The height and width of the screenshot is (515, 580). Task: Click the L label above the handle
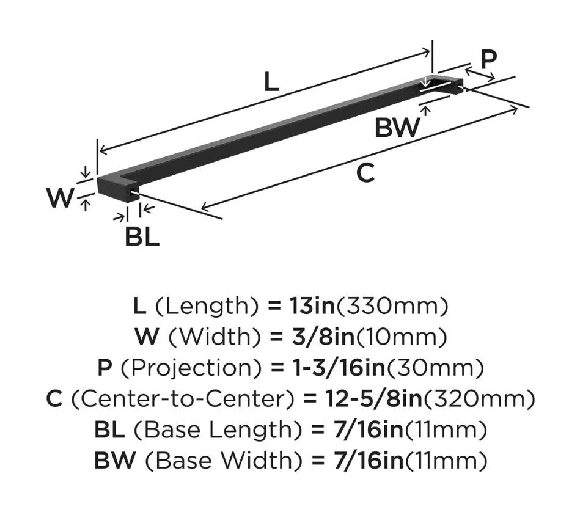coord(271,82)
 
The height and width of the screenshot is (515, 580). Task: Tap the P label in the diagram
coord(489,59)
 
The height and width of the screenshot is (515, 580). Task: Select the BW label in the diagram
coord(397,128)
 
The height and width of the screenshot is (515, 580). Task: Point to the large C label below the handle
coord(365,173)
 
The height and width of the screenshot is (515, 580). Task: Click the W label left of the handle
coord(61,197)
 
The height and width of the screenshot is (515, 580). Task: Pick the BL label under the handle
coord(142,237)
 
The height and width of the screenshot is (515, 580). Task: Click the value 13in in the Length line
coord(312,305)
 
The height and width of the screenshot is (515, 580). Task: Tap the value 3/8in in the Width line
coord(323,337)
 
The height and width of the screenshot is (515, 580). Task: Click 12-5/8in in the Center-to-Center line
coord(373,398)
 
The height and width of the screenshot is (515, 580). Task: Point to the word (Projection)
coord(191,368)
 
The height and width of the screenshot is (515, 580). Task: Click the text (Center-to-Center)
coord(182,399)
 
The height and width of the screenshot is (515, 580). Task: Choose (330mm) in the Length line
coord(392,306)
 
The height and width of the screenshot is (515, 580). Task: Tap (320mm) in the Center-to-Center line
coord(479,399)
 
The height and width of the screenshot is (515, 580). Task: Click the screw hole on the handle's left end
coord(132,192)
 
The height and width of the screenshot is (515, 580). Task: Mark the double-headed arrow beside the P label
coord(480,73)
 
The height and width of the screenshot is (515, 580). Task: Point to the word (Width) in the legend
coord(215,337)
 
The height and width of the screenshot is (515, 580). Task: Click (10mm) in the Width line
coord(401,337)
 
